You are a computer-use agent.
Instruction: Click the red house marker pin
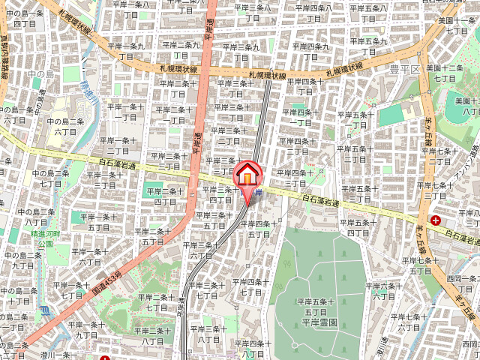pos(247,177)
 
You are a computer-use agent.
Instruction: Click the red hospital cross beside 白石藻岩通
pos(436,220)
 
